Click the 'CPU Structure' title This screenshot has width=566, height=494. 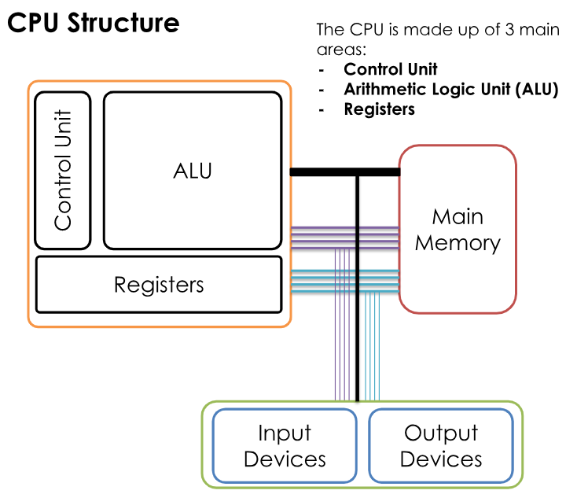[x=93, y=23]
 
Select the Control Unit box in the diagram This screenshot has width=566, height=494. [x=64, y=170]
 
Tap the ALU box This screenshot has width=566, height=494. [x=193, y=170]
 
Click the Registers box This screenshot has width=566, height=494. [x=159, y=284]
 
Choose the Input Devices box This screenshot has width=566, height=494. [x=285, y=445]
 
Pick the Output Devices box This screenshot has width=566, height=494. [x=440, y=445]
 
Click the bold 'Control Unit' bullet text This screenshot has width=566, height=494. [x=390, y=69]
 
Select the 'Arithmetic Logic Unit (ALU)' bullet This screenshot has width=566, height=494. [x=450, y=89]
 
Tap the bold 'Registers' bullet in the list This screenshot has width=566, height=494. [x=379, y=109]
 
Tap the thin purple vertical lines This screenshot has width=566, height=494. [x=342, y=346]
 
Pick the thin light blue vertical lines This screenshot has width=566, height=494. [x=373, y=346]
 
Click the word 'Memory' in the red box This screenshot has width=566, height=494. [x=458, y=242]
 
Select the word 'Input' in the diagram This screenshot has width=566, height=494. [x=285, y=433]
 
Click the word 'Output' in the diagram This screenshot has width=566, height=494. [x=440, y=433]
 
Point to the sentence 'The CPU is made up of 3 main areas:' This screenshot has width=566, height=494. [x=437, y=39]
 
